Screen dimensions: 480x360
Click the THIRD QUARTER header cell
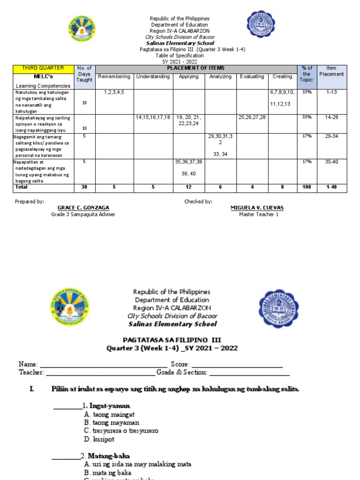pos(43,68)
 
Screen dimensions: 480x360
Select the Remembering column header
pos(115,76)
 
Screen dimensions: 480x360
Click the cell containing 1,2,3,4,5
pos(115,92)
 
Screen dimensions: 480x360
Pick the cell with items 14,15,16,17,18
pos(153,117)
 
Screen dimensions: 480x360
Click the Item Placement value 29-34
pos(331,136)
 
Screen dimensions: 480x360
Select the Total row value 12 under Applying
pos(189,187)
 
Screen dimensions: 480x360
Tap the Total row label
pos(21,187)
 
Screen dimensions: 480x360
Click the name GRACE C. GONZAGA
pos(83,208)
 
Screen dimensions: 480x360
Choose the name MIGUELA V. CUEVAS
pos(257,208)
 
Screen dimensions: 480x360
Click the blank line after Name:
pos(104,365)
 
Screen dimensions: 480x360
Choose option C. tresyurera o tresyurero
pos(121,431)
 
